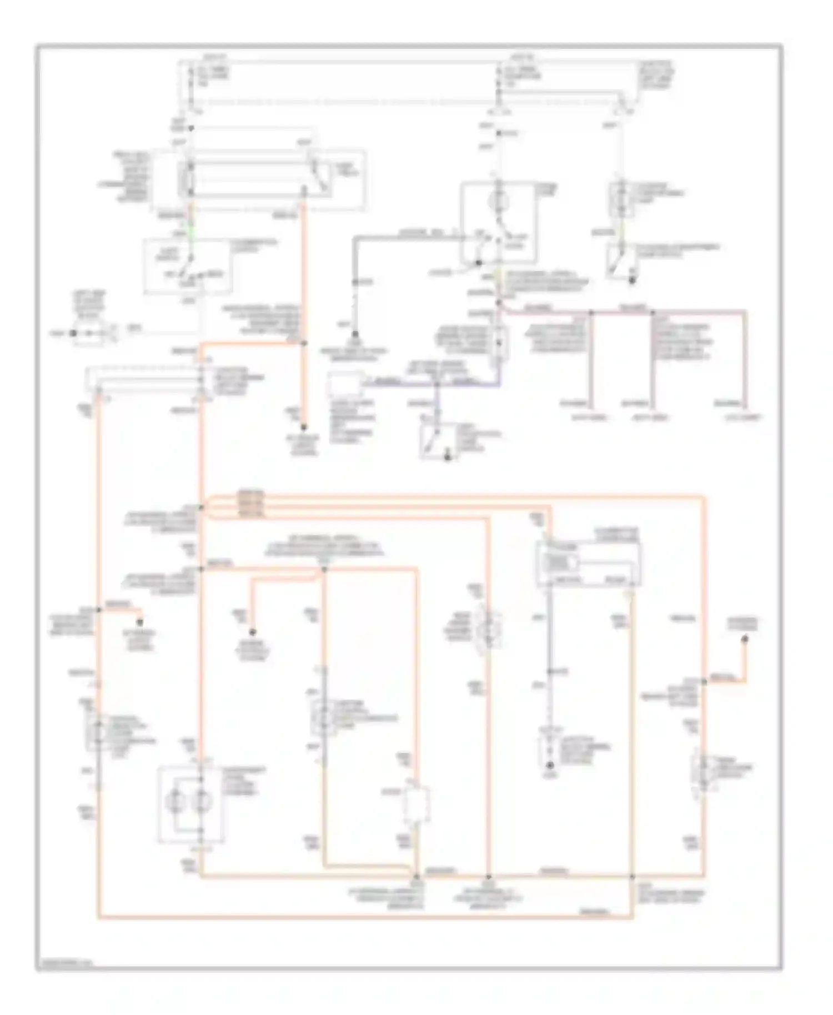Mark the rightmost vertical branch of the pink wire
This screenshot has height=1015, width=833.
pyautogui.click(x=745, y=361)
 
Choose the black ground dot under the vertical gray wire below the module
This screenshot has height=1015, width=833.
pyautogui.click(x=550, y=766)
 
